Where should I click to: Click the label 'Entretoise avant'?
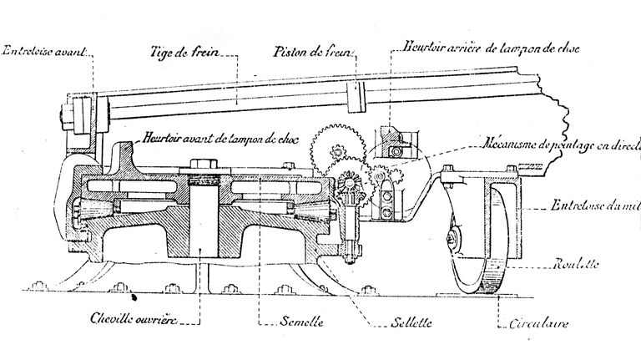(43, 53)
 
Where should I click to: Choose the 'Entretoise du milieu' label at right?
(594, 205)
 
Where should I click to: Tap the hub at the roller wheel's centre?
(452, 241)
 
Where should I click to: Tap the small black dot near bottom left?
(134, 295)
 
